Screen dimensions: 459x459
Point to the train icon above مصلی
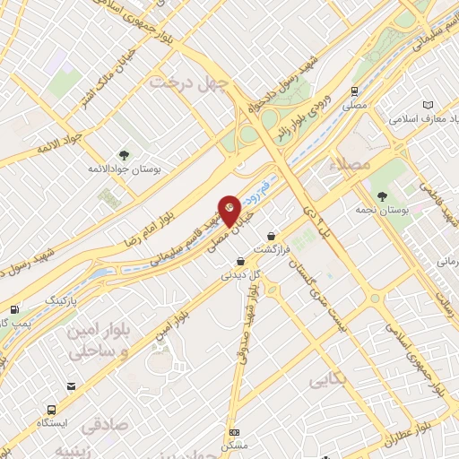click(x=356, y=91)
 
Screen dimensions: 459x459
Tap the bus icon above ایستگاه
click(x=70, y=386)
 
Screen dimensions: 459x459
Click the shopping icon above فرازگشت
click(x=272, y=236)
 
